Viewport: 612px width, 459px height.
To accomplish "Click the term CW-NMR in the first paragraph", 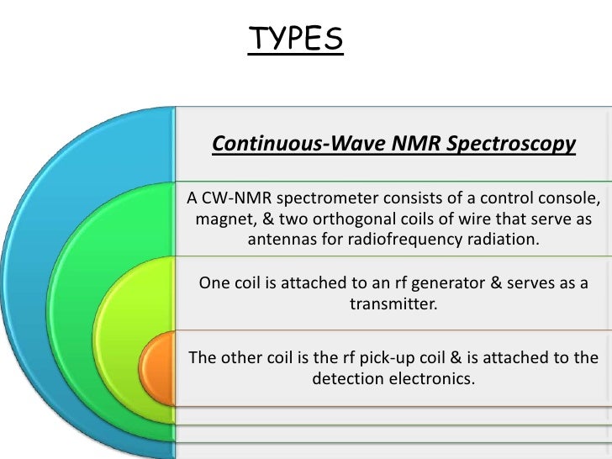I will [232, 198].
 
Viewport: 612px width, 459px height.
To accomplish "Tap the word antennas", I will [282, 241].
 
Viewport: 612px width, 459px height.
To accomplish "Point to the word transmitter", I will [393, 304].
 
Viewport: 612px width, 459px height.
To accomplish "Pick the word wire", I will [478, 220].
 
